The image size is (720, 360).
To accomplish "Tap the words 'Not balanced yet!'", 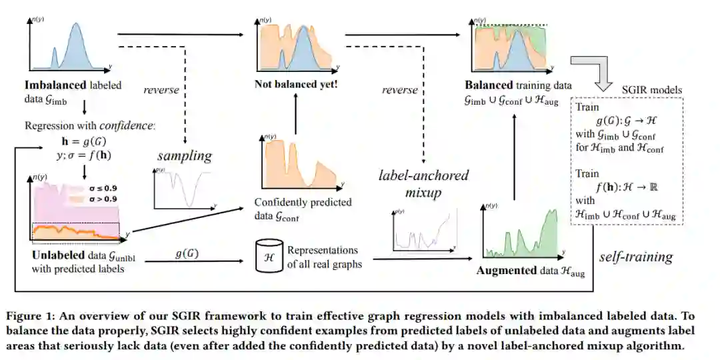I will tap(288, 85).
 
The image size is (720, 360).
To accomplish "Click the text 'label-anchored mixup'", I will tap(423, 183).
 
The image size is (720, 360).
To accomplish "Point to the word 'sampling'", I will tap(185, 157).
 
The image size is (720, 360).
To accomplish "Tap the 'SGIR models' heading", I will tap(651, 90).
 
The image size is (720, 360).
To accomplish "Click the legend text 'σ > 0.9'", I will tap(100, 199).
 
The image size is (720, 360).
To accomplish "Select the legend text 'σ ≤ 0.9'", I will tap(100, 187).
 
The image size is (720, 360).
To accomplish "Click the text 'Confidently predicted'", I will tap(303, 202).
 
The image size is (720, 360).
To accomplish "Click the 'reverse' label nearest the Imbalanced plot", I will tap(161, 90).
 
